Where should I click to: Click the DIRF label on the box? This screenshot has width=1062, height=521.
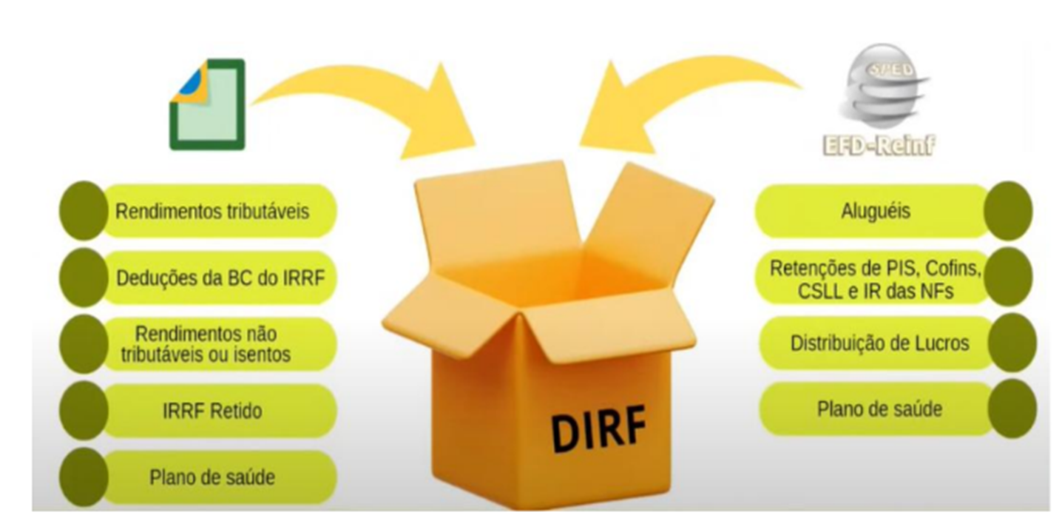click(x=598, y=427)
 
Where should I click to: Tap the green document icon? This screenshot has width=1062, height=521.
click(x=207, y=104)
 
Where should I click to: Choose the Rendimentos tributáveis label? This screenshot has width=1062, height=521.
click(x=212, y=211)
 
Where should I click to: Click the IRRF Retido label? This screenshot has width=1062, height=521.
click(x=212, y=411)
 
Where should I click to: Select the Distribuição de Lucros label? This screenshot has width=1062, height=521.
click(x=879, y=343)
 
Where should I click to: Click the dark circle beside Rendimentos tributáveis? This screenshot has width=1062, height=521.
click(x=82, y=211)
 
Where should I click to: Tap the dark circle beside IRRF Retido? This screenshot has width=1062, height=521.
click(x=82, y=411)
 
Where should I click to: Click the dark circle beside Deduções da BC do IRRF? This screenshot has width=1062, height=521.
click(x=82, y=278)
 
